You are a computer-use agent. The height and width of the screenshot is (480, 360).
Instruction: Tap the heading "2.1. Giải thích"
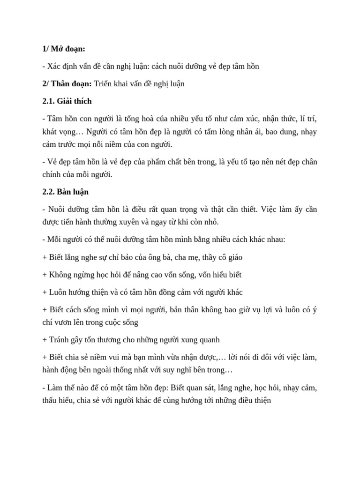pos(67,101)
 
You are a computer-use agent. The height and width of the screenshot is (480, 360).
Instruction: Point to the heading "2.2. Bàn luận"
pos(65,192)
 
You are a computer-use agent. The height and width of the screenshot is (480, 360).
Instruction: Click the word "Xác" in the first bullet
pos(54,66)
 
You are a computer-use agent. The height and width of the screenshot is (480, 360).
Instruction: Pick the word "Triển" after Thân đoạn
pos(104,84)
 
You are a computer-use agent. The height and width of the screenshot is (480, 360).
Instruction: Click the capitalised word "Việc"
pos(269,210)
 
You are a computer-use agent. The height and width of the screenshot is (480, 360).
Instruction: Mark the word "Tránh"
pos(60,339)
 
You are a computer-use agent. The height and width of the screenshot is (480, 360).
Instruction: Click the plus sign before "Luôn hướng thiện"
pos(45,292)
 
